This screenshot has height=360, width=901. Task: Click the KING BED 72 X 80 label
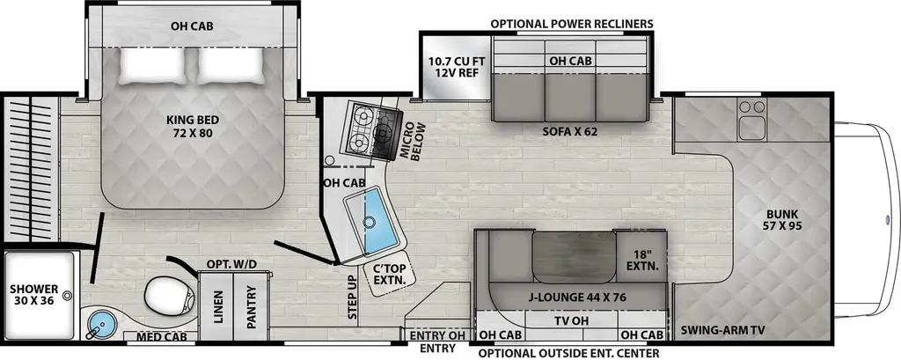193,127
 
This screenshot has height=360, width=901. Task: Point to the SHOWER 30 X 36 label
34,295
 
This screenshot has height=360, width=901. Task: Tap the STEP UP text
351,297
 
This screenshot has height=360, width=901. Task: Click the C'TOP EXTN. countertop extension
386,273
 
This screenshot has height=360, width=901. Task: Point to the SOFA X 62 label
570,131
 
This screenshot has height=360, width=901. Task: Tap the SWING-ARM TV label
723,331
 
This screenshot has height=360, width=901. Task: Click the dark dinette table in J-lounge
574,257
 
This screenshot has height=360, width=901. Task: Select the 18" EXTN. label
641,261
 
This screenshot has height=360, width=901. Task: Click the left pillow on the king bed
153,65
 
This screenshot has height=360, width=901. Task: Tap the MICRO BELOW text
415,141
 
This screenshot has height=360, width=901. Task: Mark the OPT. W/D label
231,264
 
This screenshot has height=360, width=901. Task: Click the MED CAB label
162,337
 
